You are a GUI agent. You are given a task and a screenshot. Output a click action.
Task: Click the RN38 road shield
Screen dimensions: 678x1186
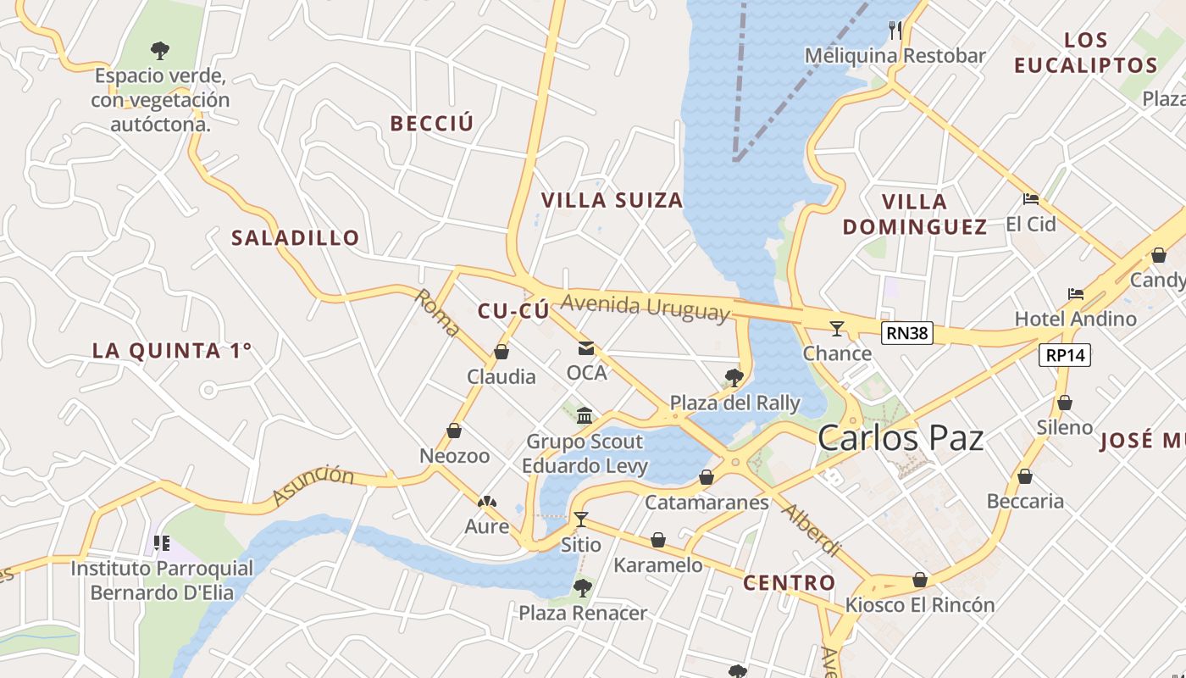[x=906, y=333]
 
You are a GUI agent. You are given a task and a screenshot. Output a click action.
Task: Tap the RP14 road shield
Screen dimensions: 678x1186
[x=1065, y=355]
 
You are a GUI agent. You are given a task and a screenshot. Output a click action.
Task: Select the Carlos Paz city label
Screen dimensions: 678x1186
[x=901, y=438]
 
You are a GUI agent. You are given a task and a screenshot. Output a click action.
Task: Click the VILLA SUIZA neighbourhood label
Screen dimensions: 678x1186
[x=612, y=200]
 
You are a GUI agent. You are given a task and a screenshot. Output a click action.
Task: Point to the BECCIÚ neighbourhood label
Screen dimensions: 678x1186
[x=431, y=123]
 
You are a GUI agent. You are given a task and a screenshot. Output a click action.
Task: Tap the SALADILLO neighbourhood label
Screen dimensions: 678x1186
[x=296, y=237]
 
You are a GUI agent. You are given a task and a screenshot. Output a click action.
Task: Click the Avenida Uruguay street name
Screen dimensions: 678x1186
[x=645, y=307]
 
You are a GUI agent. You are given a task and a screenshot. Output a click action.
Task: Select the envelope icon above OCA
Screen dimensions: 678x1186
[x=586, y=348]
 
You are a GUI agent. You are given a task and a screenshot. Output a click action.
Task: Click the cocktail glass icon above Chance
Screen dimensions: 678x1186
[x=837, y=328]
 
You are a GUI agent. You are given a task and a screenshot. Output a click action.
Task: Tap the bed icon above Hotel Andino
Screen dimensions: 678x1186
[x=1076, y=294]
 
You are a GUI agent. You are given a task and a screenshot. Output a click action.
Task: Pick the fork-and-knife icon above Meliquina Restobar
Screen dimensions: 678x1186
[x=895, y=30]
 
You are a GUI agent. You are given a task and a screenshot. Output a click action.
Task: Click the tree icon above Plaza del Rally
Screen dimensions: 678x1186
[x=734, y=377]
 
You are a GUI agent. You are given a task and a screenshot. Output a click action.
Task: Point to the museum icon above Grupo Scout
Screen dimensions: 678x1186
[x=585, y=415]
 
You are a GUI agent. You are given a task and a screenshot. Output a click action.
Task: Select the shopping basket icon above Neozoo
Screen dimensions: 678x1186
[x=454, y=431]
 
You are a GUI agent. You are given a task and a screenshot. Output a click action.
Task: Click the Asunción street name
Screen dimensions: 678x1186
[x=313, y=486]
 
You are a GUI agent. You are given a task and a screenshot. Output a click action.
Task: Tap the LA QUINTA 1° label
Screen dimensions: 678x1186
[x=172, y=350]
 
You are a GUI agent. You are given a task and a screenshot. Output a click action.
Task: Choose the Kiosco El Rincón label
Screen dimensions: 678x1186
[x=920, y=605]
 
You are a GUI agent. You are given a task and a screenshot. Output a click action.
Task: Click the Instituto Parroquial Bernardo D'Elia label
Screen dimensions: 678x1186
[x=161, y=580]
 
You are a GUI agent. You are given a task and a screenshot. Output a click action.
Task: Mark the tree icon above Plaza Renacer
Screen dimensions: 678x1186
[x=582, y=586]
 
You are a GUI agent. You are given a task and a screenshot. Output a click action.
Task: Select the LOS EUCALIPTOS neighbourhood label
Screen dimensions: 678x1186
[x=1086, y=53]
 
